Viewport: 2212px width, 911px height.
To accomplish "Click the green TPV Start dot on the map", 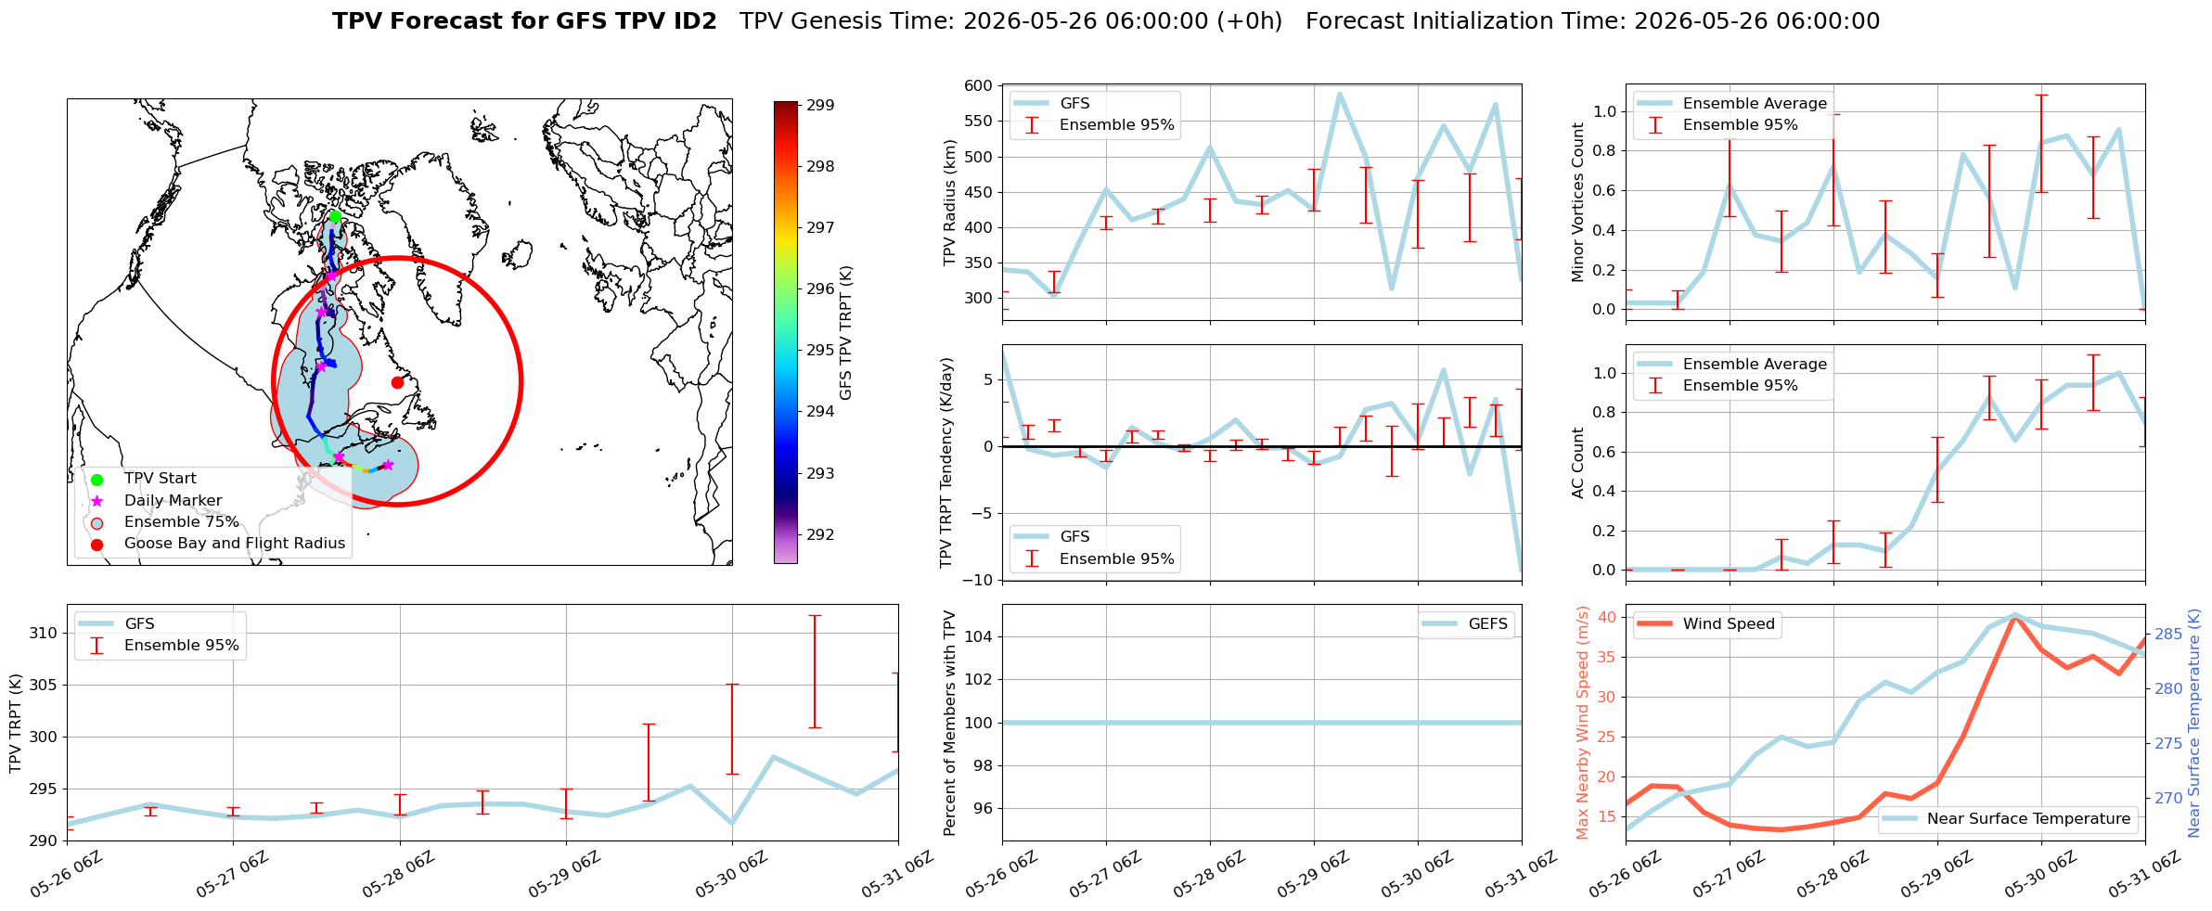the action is coord(335,216).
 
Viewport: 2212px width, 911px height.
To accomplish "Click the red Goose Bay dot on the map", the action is coord(397,382).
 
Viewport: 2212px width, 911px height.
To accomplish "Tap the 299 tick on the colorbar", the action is coord(820,106).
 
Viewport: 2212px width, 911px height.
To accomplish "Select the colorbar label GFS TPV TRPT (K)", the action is coord(845,333).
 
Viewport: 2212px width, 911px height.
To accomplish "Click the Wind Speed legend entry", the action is coord(1707,624).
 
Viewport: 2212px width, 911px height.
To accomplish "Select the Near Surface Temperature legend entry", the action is coord(2010,818).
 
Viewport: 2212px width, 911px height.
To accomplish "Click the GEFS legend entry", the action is coord(1467,624).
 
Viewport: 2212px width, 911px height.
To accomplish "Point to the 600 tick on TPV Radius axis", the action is coord(979,86).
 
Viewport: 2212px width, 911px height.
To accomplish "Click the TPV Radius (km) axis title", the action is coord(949,202).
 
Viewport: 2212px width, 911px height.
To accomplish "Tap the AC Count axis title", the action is coord(1578,463).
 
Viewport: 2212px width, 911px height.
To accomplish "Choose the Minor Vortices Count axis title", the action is coord(1578,202).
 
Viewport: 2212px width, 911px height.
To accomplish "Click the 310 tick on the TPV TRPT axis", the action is coord(44,634).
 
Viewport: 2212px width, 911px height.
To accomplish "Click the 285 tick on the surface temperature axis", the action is coord(2168,635).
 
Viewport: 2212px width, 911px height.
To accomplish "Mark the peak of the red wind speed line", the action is coord(2013,615).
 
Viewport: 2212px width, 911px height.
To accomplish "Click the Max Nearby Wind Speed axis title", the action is coord(1583,723).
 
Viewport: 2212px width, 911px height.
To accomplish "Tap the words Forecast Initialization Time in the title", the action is coord(1466,21).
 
